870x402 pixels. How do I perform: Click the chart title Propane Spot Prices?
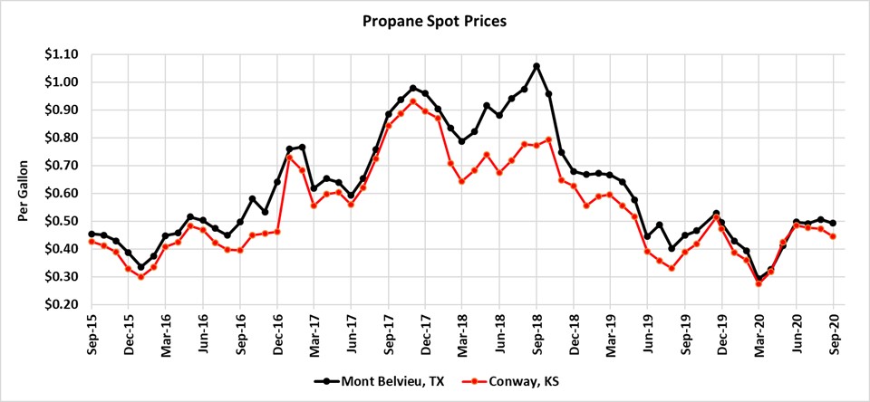(435, 19)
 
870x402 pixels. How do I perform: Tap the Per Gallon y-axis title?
(24, 179)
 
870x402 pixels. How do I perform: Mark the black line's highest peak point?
(536, 66)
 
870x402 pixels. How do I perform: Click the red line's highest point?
(413, 101)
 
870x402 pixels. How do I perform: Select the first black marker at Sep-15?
(92, 234)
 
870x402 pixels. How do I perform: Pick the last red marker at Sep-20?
(834, 236)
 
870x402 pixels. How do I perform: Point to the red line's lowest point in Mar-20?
(759, 283)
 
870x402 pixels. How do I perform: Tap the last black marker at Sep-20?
(834, 223)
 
